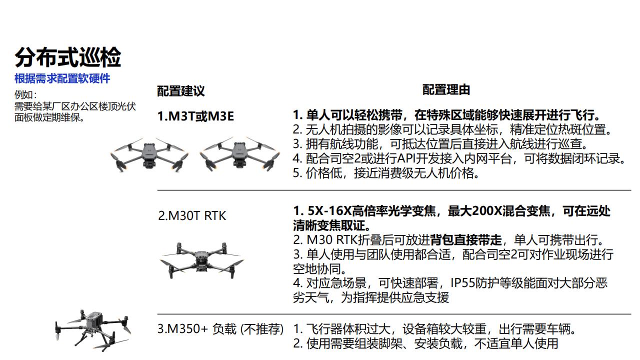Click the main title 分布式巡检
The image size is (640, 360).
point(68,57)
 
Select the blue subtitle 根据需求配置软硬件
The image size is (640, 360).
point(62,78)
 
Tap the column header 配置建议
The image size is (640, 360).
point(181,91)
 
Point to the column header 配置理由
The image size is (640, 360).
point(446,89)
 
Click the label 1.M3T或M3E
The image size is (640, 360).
point(195,116)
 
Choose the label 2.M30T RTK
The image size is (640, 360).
point(192,215)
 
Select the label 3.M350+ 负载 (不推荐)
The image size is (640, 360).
point(220,329)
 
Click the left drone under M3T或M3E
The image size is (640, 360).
point(149,154)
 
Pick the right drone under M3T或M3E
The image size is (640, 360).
point(239,154)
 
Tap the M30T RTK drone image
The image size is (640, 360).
point(201,260)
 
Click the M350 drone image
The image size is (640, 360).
point(92,330)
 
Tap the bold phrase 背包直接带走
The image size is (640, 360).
point(466,240)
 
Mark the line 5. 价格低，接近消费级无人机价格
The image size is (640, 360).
point(386,173)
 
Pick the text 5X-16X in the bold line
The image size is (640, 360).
point(329,211)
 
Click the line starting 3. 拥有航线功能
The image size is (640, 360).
point(440,144)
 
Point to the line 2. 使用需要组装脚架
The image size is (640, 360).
point(425,343)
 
